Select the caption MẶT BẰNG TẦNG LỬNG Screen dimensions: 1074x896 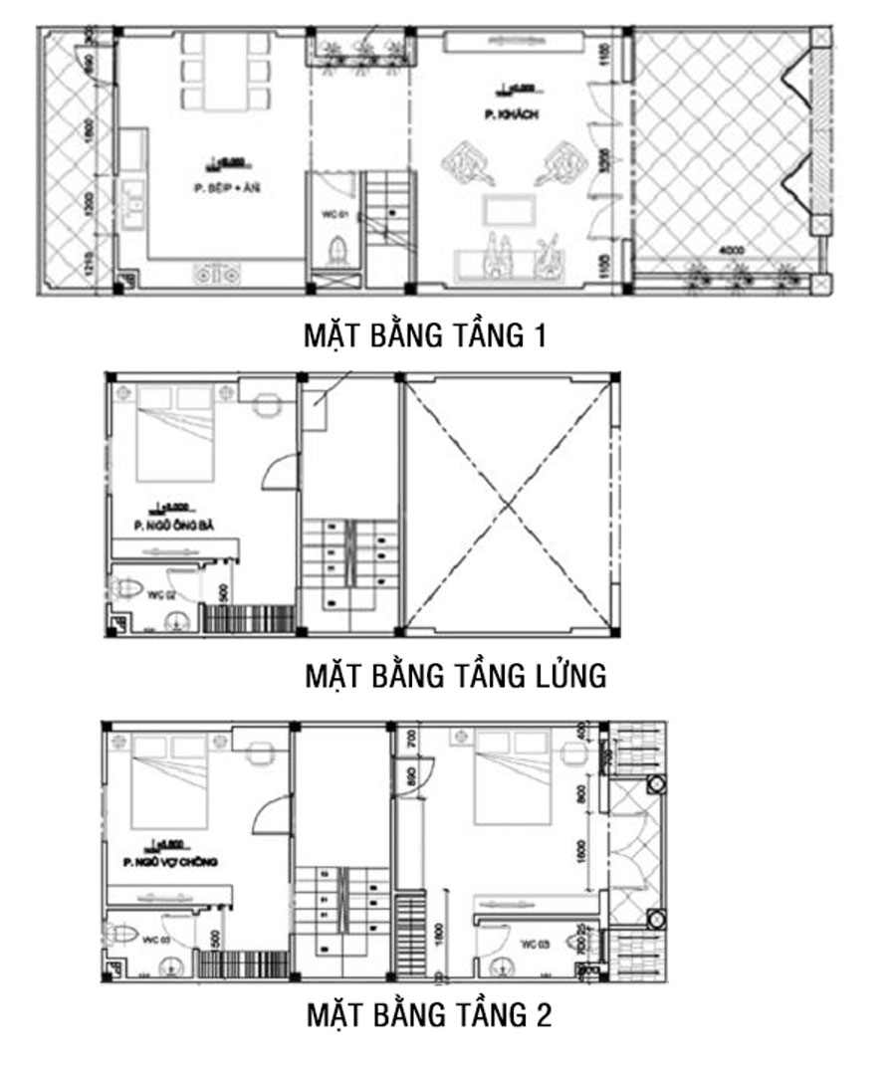pos(455,676)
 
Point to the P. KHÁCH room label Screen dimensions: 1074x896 pos(511,115)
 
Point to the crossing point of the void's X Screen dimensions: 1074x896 pos(510,505)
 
